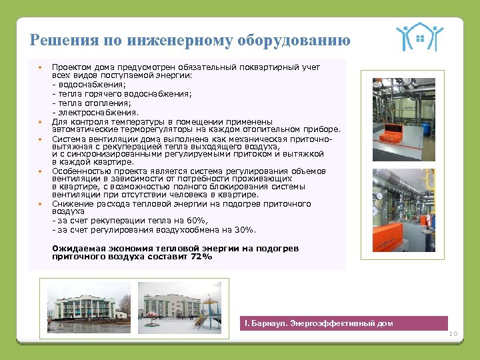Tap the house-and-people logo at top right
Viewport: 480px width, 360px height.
pyautogui.click(x=419, y=38)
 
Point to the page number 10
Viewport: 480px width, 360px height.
pyautogui.click(x=454, y=333)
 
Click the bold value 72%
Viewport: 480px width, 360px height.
pyautogui.click(x=201, y=256)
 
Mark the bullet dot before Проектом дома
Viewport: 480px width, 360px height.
pyautogui.click(x=40, y=67)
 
